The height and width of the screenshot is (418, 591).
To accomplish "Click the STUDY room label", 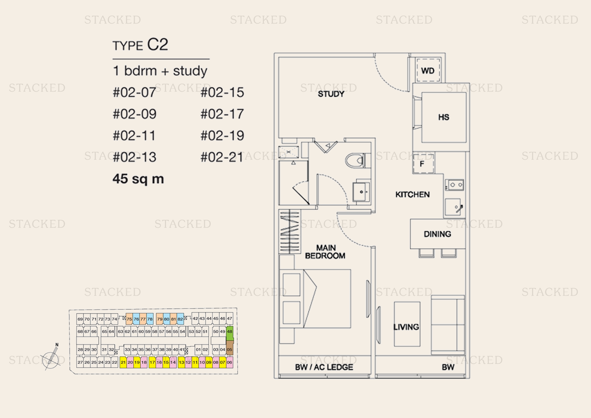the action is [x=331, y=94].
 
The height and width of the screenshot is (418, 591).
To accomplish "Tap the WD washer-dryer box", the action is [x=428, y=70].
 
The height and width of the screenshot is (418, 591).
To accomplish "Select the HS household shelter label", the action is [x=443, y=117].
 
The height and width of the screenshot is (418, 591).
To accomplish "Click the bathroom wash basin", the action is [x=361, y=192].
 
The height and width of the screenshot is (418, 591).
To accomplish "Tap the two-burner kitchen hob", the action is [x=455, y=185].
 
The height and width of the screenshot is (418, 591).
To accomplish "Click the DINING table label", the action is [x=437, y=234].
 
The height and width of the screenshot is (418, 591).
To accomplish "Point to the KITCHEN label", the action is [x=412, y=194].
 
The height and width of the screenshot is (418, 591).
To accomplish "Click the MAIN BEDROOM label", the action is [x=325, y=252].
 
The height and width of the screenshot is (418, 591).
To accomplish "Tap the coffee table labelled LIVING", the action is [x=407, y=324].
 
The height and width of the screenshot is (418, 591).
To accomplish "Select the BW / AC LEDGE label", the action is [x=324, y=367].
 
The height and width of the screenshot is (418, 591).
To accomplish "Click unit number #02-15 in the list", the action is [x=222, y=92].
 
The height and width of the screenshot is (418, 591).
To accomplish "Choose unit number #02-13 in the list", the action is [x=134, y=157].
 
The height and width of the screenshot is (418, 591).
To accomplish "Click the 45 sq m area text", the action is [x=138, y=179].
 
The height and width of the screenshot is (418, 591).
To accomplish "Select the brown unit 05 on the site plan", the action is [x=230, y=348].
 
